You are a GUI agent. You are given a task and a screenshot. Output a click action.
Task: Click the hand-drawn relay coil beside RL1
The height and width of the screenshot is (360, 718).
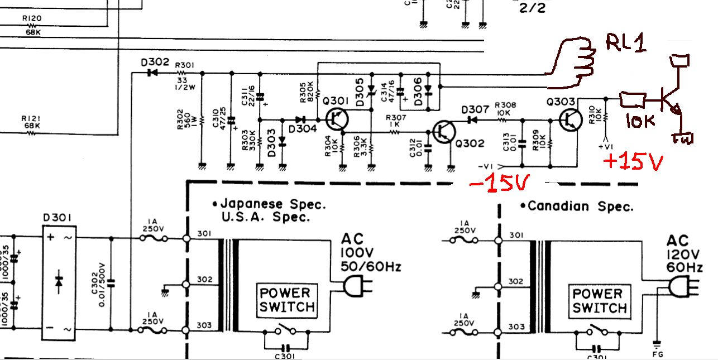575,64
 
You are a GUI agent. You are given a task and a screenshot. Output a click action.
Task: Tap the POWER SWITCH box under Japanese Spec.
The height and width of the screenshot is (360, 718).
286,300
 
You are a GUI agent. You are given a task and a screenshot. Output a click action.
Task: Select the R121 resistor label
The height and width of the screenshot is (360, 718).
31,118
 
